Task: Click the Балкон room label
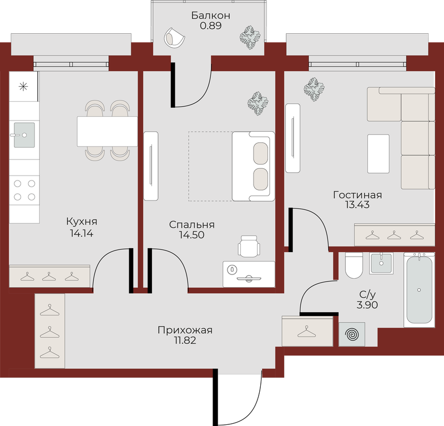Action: point(211,16)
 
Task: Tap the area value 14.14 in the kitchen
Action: point(82,233)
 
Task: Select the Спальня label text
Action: point(191,225)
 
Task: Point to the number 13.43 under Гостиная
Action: point(357,204)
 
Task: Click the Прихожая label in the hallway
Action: point(185,330)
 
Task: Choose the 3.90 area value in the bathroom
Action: point(367,305)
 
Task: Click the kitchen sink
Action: point(24,135)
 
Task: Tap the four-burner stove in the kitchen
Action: point(24,190)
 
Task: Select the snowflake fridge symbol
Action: point(23,86)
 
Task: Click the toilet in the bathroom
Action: point(354,265)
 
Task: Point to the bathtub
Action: point(419,290)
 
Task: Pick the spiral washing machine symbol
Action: point(352,334)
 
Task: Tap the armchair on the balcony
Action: point(174,38)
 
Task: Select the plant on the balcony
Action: point(250,37)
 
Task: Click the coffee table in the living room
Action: point(379,154)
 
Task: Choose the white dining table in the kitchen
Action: point(107,131)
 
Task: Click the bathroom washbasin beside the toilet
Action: point(381,263)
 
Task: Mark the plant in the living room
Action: point(314,89)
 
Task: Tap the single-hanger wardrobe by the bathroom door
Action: point(307,331)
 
